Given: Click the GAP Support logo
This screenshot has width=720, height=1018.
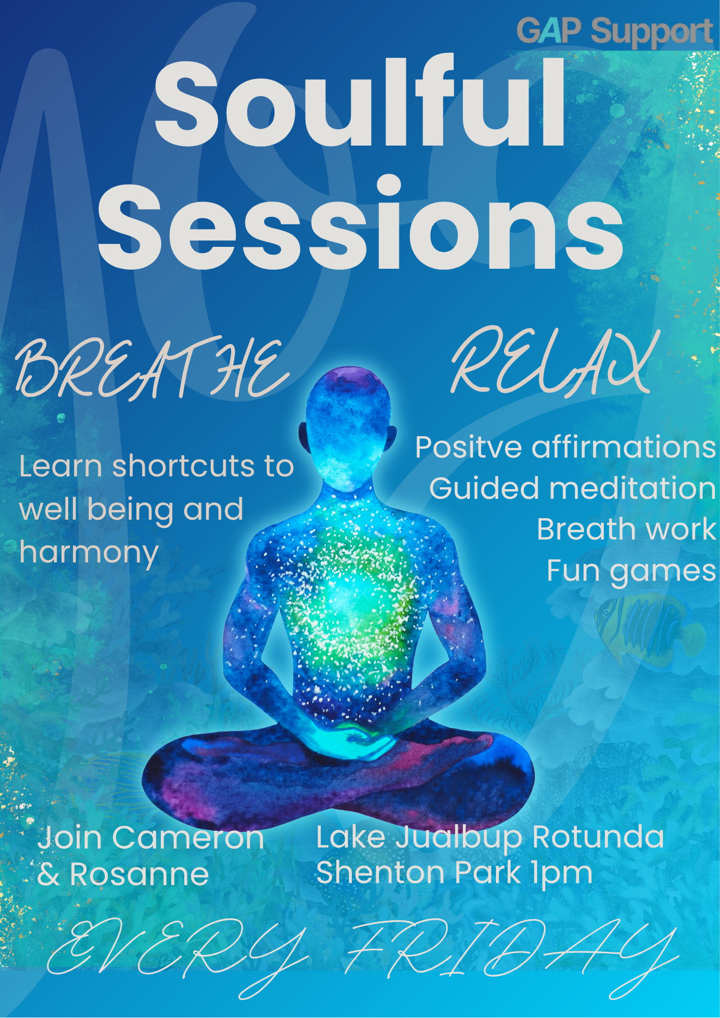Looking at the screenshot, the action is click(615, 32).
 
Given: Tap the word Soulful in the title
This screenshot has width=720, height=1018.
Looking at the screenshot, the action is click(360, 102).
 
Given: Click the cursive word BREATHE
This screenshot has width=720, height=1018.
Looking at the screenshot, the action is click(153, 367).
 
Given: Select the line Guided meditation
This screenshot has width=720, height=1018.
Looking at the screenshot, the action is click(573, 489).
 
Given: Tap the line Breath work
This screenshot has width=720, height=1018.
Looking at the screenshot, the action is click(627, 529).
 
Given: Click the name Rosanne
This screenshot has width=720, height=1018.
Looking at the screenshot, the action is click(139, 874).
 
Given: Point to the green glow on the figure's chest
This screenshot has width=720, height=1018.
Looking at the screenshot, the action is click(351, 596).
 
